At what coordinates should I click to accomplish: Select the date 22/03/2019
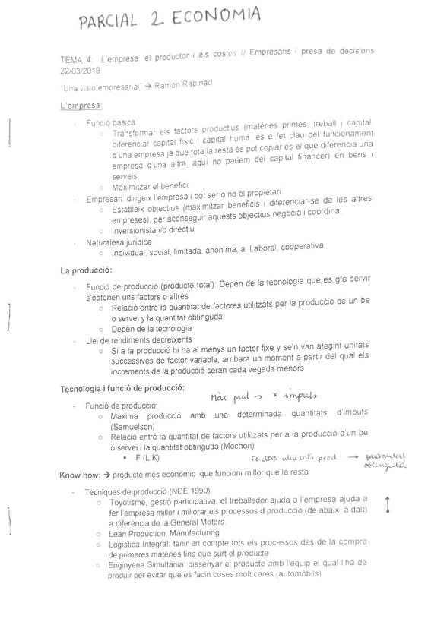pyautogui.click(x=81, y=69)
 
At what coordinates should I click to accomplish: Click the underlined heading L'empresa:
pyautogui.click(x=81, y=105)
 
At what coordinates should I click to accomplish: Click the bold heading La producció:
pyautogui.click(x=86, y=270)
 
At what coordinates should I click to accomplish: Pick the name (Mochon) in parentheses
pyautogui.click(x=241, y=447)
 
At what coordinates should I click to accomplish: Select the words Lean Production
pyautogui.click(x=143, y=534)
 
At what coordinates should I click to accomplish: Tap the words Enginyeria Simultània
pyautogui.click(x=150, y=563)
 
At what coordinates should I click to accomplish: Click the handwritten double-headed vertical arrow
pyautogui.click(x=388, y=504)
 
